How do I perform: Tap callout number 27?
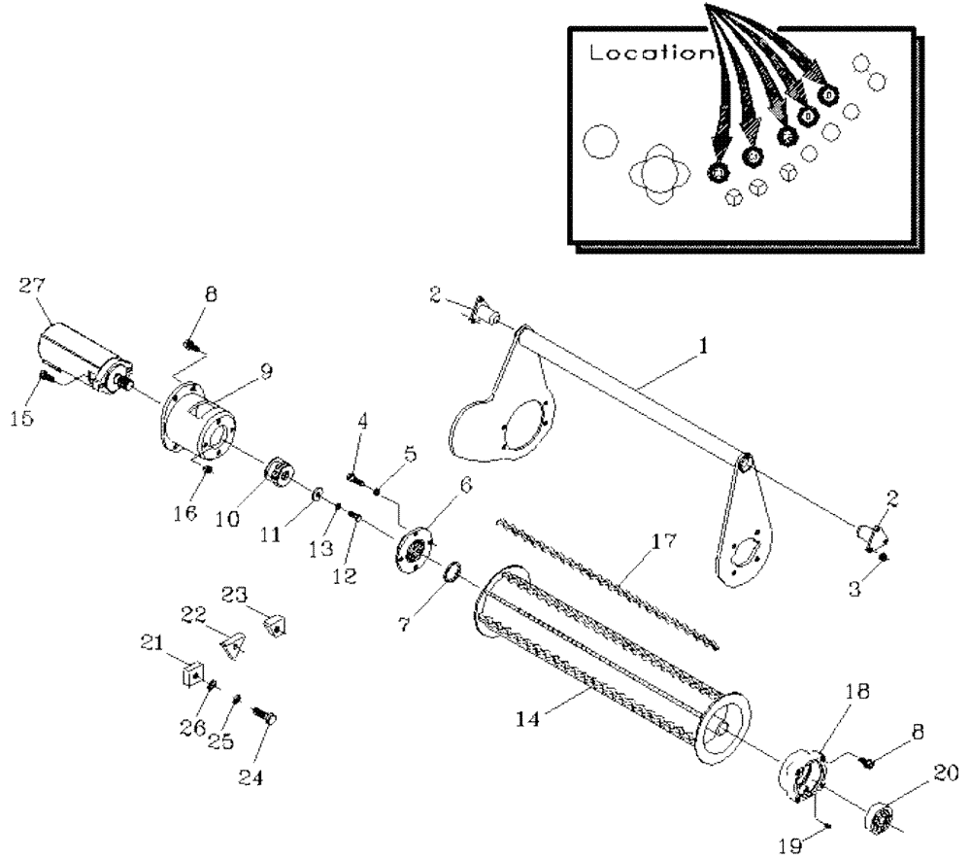[x=32, y=285]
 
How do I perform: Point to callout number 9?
[x=265, y=371]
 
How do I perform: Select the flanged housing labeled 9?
[x=199, y=419]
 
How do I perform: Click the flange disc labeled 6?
[x=414, y=552]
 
